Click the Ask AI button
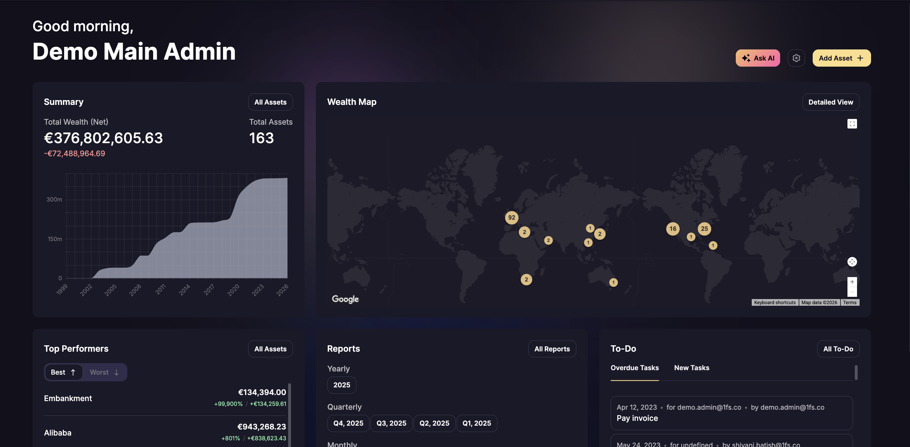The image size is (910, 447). point(757,58)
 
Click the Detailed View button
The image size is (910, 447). point(830,102)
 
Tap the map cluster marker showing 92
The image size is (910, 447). point(511,217)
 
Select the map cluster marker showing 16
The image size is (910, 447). point(673,229)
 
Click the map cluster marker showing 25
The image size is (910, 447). point(704,229)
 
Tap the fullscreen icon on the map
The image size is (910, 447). point(852,124)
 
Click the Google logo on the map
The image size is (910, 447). point(345,299)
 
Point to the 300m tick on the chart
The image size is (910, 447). point(54,200)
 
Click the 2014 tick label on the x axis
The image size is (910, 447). point(184,289)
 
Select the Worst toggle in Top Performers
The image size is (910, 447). point(104,372)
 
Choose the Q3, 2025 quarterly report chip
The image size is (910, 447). point(391,423)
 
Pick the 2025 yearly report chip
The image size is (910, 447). point(342,385)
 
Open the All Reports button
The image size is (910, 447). point(552,349)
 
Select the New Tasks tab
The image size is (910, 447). point(691,368)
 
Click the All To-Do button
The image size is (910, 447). point(838,349)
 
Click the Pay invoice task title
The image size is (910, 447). point(637,418)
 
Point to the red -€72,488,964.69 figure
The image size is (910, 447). point(75,154)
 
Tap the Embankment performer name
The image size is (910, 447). point(68,398)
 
